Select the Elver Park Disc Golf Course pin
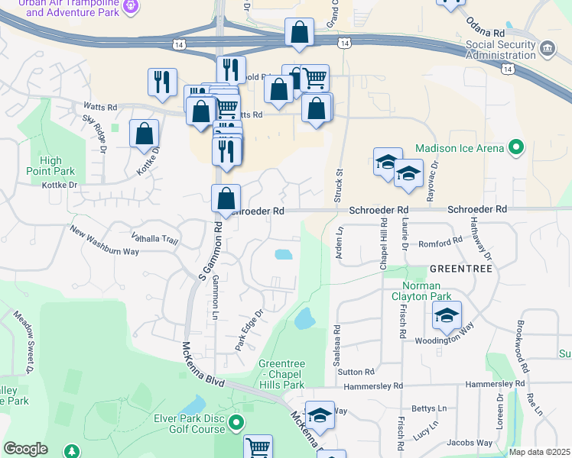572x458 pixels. click(236, 422)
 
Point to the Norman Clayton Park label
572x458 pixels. click(421, 290)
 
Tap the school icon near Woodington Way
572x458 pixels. click(447, 315)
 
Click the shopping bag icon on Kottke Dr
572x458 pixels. click(144, 134)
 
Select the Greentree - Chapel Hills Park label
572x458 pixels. click(282, 374)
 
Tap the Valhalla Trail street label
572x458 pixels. click(155, 240)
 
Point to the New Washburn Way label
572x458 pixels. click(104, 240)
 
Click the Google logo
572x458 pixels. click(25, 449)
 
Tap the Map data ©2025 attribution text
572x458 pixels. click(539, 452)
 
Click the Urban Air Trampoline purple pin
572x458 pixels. click(132, 6)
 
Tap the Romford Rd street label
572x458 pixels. click(441, 242)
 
